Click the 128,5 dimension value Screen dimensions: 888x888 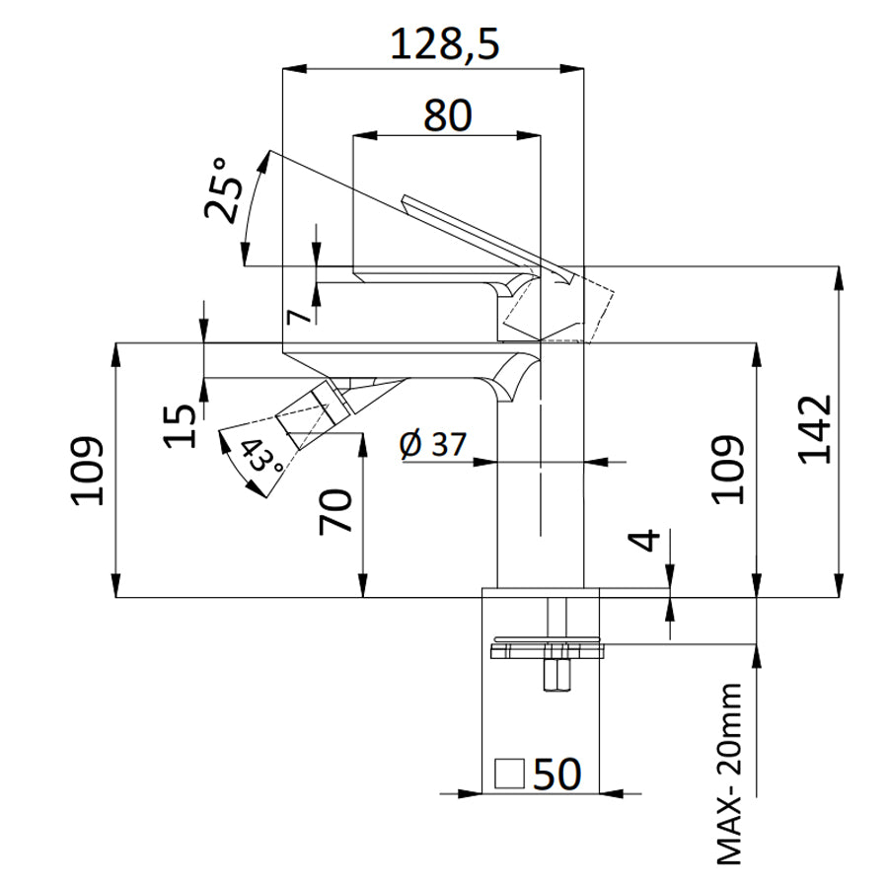[x=444, y=43]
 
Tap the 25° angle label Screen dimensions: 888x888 [x=222, y=190]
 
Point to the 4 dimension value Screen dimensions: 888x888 [x=644, y=542]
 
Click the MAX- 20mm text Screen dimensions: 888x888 [x=730, y=774]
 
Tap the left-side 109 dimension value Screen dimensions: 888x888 [x=88, y=469]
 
